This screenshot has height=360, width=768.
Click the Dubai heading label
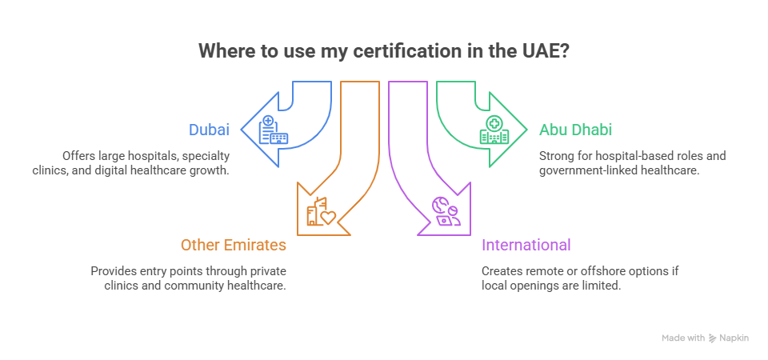pos(209,130)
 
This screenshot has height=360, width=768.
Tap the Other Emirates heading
pos(234,245)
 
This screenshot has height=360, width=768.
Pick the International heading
pos(526,245)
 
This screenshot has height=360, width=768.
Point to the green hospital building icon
pos(494,130)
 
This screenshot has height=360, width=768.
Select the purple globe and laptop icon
pos(446,211)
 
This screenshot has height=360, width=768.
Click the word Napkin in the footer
pos(734,338)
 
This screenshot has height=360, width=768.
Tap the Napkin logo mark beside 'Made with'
pos(713,338)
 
